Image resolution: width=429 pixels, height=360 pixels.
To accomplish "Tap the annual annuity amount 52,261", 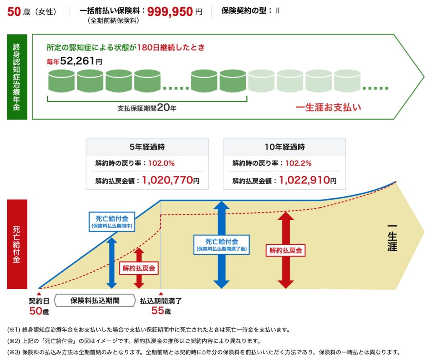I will pyautogui.click(x=78, y=61).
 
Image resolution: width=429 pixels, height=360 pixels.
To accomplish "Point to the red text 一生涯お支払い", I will pyautogui.click(x=328, y=107).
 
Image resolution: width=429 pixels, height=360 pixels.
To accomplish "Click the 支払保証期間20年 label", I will pyautogui.click(x=147, y=108).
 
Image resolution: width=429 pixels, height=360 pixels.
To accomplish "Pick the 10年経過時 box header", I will pyautogui.click(x=284, y=147).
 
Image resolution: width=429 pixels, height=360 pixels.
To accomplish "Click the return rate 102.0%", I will pyautogui.click(x=162, y=163).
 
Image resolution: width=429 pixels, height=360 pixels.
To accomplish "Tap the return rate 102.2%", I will pyautogui.click(x=298, y=163).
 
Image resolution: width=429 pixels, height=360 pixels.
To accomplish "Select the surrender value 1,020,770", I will pyautogui.click(x=167, y=180).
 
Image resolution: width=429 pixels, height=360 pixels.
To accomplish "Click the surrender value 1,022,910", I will pyautogui.click(x=302, y=180).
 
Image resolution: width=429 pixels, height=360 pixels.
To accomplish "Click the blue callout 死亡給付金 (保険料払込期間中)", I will pyautogui.click(x=111, y=221).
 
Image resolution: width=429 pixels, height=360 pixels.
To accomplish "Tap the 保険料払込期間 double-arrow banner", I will pyautogui.click(x=95, y=301).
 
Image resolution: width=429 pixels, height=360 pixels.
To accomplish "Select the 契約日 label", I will pyautogui.click(x=39, y=301).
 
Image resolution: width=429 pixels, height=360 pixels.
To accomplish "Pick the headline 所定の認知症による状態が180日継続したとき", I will pyautogui.click(x=126, y=47).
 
